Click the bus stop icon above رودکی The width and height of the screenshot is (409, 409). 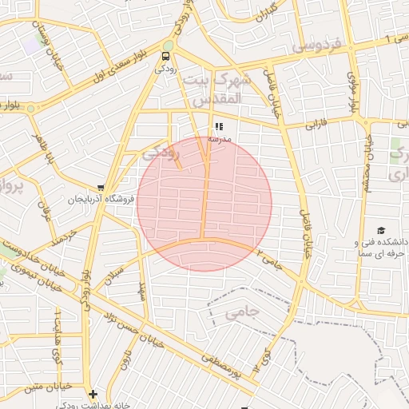(165, 56)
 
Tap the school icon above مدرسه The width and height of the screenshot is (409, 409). (219, 126)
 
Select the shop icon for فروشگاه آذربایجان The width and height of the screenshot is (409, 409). (100, 187)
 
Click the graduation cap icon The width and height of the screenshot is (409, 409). (380, 230)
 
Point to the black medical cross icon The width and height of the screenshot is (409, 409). (93, 394)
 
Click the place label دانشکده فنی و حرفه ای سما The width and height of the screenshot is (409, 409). (380, 247)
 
